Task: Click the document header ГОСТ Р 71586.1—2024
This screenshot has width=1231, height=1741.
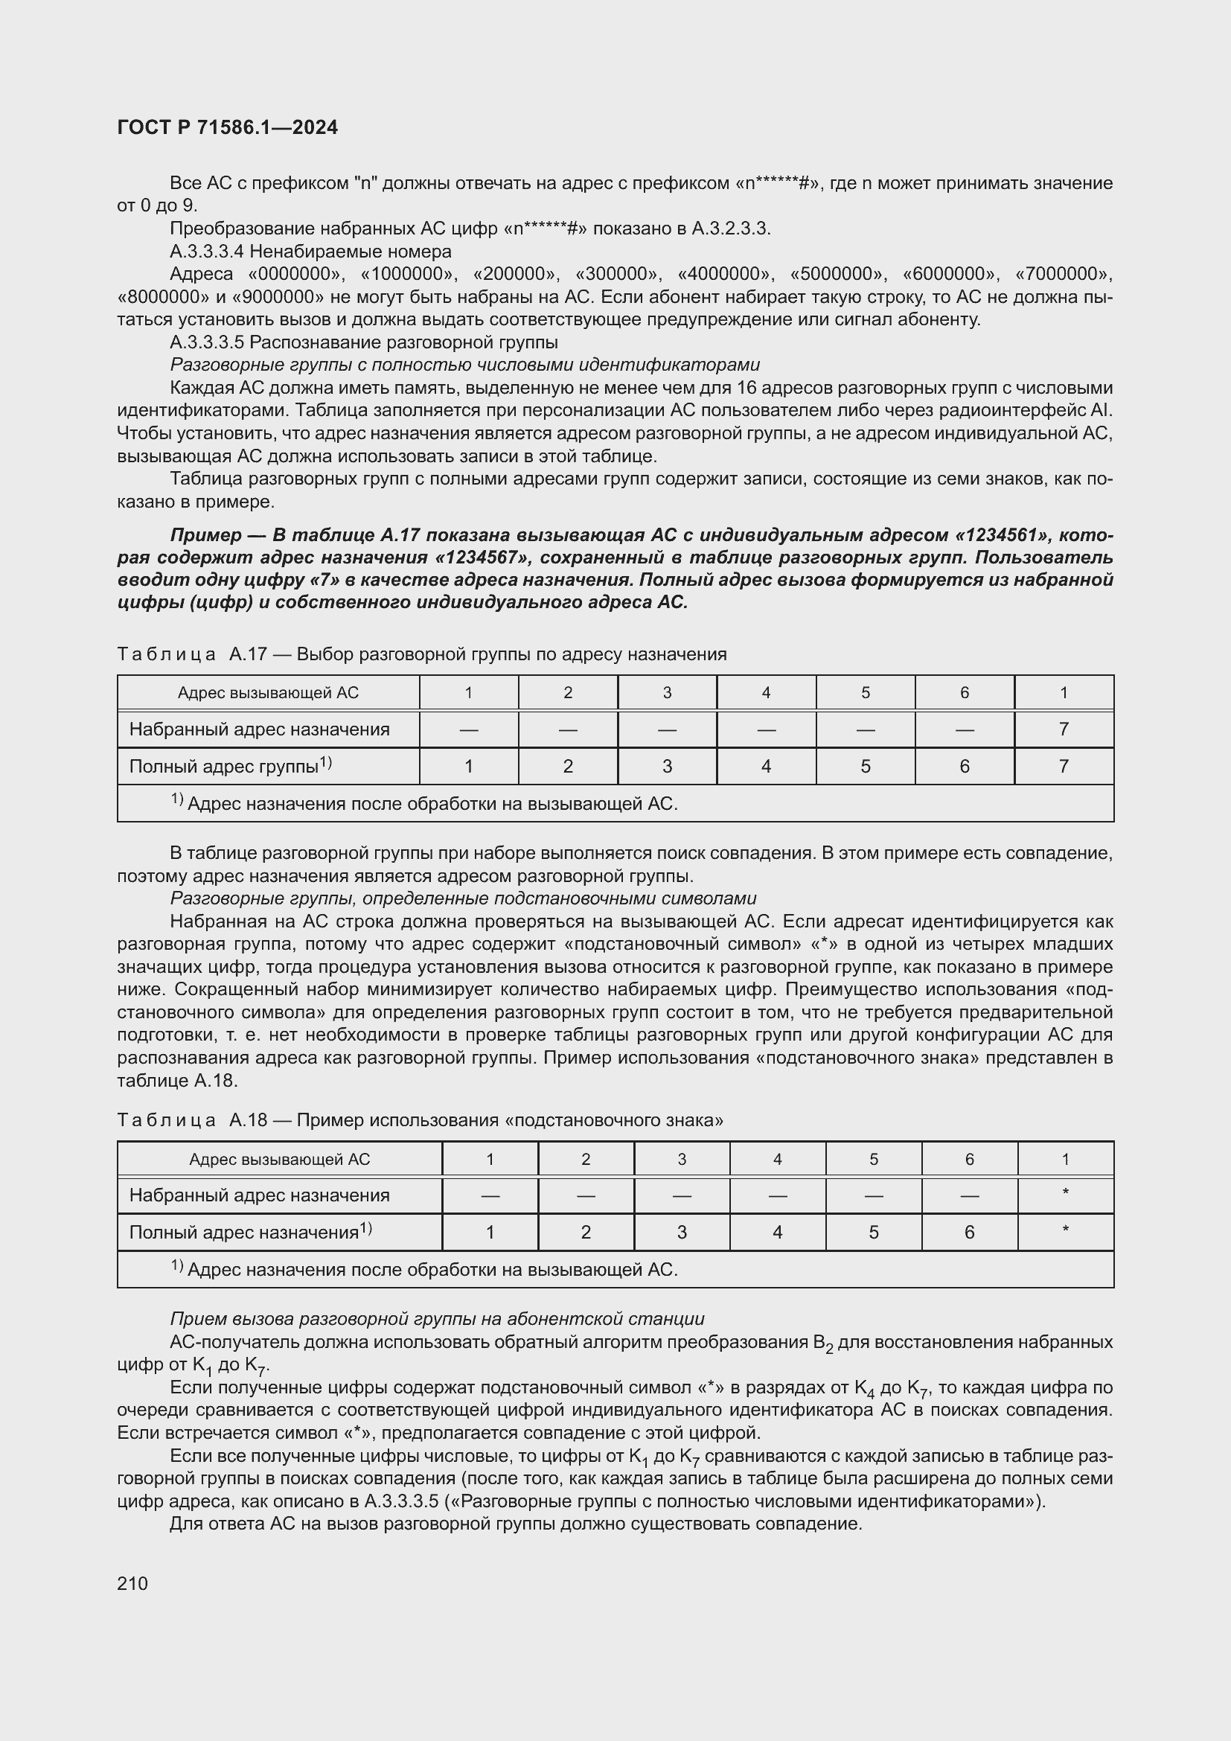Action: [228, 127]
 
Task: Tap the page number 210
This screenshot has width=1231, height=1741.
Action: [132, 1583]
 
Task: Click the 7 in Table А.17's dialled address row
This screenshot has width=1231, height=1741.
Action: [1064, 729]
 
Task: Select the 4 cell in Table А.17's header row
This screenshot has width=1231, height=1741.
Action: [767, 692]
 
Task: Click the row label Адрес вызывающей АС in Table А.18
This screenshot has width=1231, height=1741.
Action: [279, 1160]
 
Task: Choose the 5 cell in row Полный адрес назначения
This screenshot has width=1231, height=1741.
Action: [873, 1233]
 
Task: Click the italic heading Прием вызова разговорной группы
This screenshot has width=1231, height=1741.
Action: [438, 1319]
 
